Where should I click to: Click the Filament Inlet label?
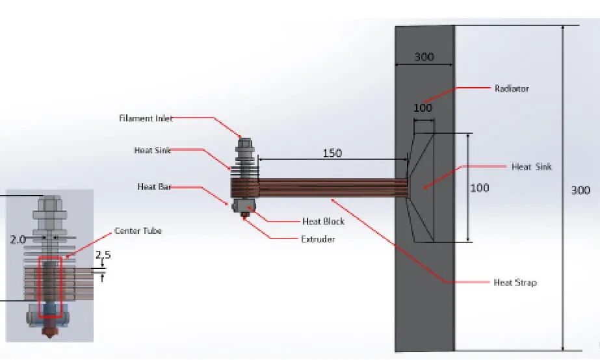pos(146,118)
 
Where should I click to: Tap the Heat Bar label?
pos(154,186)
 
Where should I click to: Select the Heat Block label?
pos(323,221)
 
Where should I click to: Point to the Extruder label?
pos(318,239)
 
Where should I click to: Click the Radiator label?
pos(512,89)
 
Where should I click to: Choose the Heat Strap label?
pos(515,282)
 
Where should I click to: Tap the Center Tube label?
pos(138,231)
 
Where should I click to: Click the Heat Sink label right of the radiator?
pos(532,166)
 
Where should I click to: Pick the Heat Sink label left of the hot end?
pos(152,150)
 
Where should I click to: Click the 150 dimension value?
pos(332,153)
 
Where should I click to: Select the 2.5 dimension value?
pos(103,255)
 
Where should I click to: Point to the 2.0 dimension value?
pos(18,240)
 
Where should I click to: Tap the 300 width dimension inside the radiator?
pos(424,57)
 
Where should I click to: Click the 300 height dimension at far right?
pos(580,190)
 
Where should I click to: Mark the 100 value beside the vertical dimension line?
pos(480,187)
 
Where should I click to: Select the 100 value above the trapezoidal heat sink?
pos(423,108)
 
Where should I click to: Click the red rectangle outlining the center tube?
pos(38,287)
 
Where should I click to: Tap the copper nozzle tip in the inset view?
pos(50,331)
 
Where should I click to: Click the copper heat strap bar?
pos(332,187)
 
